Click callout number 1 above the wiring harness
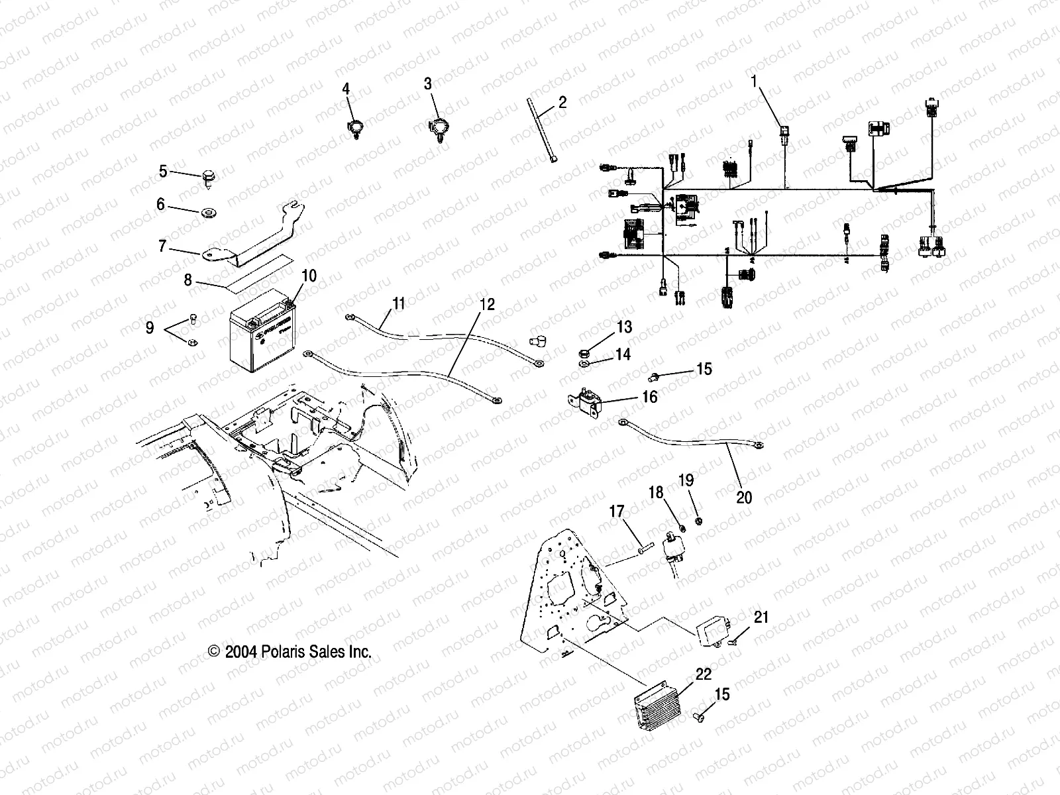753,81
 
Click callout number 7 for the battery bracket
162,246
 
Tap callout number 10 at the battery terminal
309,276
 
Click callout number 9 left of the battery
150,327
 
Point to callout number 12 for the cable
487,305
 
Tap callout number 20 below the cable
744,497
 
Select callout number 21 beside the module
762,617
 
